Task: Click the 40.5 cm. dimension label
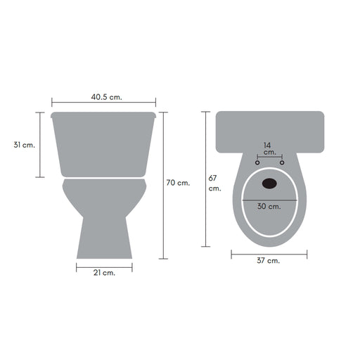click(x=107, y=97)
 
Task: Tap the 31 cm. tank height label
click(x=25, y=145)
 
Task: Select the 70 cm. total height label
click(x=178, y=183)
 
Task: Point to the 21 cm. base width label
click(x=104, y=273)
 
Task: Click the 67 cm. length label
click(x=214, y=184)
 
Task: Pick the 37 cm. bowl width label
click(x=269, y=261)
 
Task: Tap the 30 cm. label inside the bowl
click(x=269, y=206)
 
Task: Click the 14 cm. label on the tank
click(x=269, y=148)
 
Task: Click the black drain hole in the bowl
click(x=269, y=184)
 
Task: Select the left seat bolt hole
click(x=257, y=162)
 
